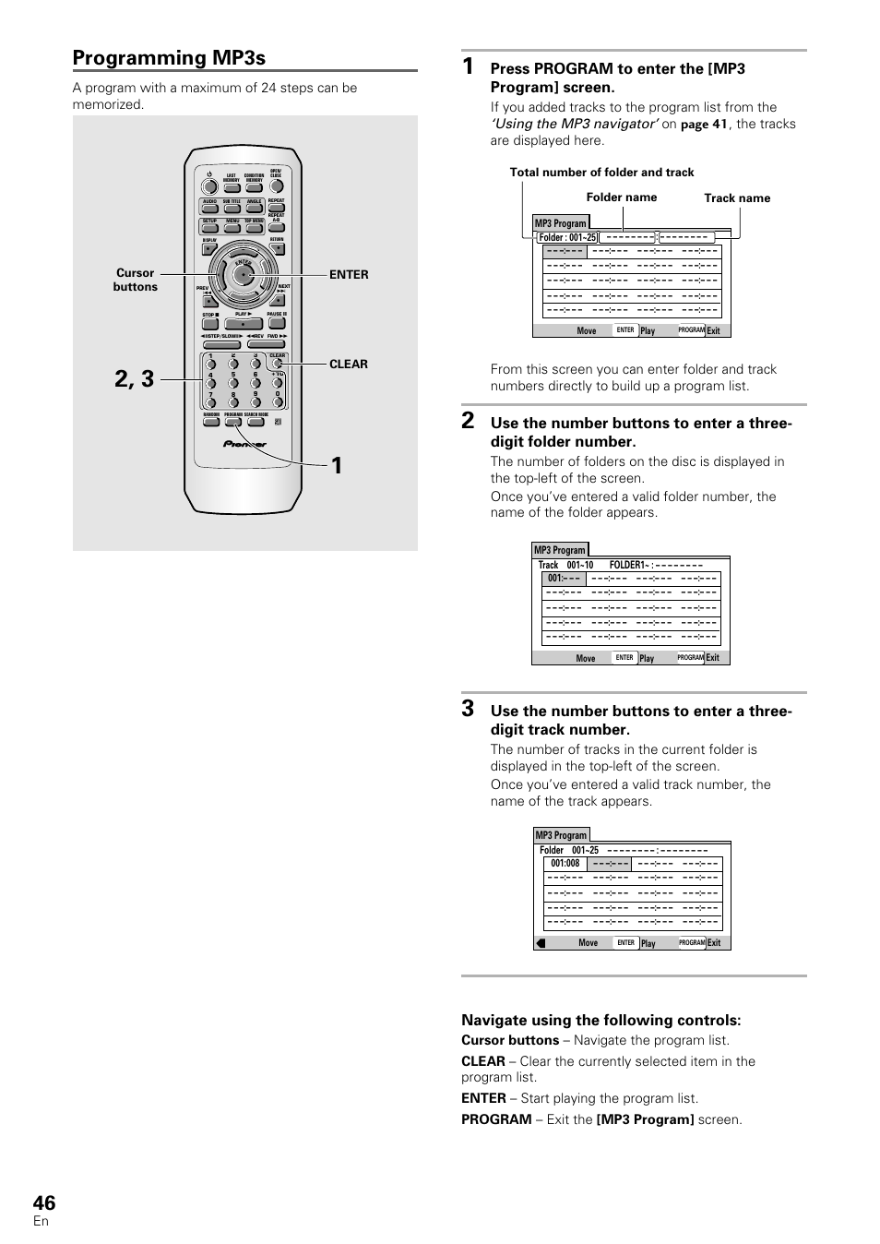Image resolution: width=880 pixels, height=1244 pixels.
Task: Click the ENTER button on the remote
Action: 244,274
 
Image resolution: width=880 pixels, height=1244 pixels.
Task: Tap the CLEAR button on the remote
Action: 277,364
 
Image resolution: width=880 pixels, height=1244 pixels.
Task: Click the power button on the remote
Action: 209,184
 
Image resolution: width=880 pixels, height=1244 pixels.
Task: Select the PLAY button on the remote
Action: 243,324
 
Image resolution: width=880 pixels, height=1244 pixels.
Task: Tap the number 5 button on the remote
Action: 233,383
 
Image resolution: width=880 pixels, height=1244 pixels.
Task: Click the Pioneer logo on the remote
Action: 244,444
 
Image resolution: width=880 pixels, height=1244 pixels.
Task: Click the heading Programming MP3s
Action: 169,58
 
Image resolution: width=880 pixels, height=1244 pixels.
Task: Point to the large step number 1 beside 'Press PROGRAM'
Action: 469,66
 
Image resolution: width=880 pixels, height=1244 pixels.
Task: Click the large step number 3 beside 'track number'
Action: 469,709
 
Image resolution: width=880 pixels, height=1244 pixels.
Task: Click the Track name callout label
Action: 736,198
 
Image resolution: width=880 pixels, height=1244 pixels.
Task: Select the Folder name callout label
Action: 622,197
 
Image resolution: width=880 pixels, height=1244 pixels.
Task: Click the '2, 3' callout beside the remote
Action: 135,378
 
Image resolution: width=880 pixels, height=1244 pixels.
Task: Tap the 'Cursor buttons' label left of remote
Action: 135,280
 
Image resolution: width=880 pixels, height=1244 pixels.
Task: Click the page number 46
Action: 43,1202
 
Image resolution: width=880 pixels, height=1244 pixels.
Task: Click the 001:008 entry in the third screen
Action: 565,865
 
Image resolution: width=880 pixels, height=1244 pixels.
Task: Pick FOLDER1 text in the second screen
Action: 626,565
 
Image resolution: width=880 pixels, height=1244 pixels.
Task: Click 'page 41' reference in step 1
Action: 704,125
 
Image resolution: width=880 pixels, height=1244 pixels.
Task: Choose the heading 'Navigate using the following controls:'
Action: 601,1021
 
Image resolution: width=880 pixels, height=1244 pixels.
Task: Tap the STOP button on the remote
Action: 209,324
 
